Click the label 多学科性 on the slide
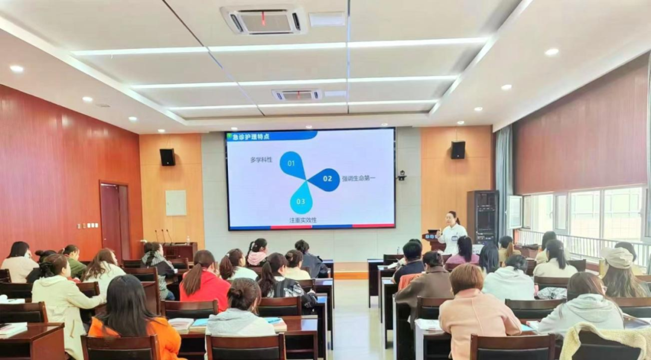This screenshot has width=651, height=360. [x=261, y=159]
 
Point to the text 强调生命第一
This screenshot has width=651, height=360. [x=359, y=178]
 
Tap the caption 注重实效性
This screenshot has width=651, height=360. [x=303, y=220]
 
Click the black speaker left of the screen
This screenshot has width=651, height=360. [x=168, y=157]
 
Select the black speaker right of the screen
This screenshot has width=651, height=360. [x=458, y=150]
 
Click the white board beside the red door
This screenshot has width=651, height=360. [x=176, y=203]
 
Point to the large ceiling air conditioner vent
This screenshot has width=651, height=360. [x=263, y=21]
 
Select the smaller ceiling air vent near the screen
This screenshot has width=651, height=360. [x=297, y=95]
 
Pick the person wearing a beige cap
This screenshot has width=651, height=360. [x=621, y=273]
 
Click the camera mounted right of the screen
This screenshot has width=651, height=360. [x=401, y=175]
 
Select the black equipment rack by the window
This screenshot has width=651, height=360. [x=482, y=216]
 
